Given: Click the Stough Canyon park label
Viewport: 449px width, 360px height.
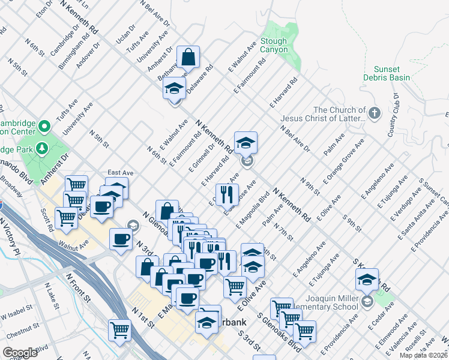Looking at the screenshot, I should click(274, 46).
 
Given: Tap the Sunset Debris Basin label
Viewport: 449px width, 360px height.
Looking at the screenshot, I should click(386, 73).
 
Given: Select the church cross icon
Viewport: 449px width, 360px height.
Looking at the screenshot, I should click(374, 113).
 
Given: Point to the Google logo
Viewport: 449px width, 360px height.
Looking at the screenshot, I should click(20, 353).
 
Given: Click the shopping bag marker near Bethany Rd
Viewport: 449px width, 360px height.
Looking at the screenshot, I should click(188, 58).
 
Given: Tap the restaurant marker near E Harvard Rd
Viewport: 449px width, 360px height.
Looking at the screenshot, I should click(226, 193).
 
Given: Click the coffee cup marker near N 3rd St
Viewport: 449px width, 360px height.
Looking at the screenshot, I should click(121, 239).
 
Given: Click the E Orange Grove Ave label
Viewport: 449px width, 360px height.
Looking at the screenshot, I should click(343, 161).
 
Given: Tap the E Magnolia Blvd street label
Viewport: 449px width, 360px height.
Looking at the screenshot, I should click(254, 210).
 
